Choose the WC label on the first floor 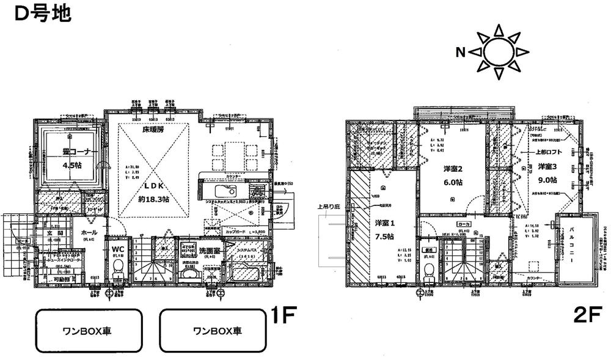118,249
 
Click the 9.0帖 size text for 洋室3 547,180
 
